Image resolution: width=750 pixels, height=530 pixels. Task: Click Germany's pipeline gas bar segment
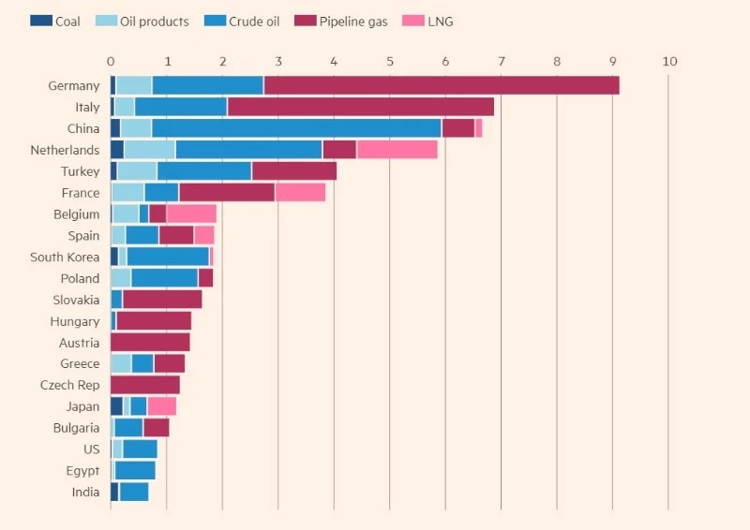(441, 86)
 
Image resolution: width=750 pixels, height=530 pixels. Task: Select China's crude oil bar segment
(296, 128)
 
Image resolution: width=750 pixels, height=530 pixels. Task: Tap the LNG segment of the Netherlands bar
(397, 150)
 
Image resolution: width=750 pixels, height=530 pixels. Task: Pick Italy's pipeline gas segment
(360, 108)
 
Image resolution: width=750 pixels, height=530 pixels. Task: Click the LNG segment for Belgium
(191, 213)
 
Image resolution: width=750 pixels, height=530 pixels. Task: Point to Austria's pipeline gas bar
(150, 343)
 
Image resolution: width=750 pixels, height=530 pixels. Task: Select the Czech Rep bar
(145, 386)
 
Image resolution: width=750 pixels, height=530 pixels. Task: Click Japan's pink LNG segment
(161, 406)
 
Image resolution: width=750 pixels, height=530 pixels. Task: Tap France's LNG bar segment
(300, 193)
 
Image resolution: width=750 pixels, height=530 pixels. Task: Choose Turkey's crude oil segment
(204, 171)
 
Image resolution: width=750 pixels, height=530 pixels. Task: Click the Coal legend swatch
(40, 21)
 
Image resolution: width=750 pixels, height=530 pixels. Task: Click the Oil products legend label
(154, 21)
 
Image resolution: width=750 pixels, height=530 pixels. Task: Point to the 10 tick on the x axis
(668, 62)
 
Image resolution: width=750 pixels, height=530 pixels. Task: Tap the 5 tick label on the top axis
(390, 62)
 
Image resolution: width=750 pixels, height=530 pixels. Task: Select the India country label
(85, 493)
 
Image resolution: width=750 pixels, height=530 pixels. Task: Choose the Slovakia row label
(76, 300)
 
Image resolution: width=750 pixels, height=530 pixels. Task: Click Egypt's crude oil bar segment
(135, 471)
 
